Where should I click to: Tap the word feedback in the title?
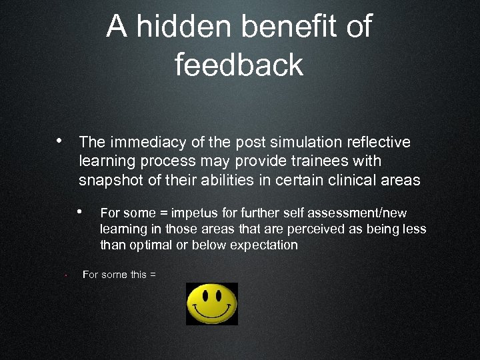[x=239, y=65]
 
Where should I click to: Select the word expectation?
[x=262, y=245]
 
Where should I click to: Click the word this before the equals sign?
[x=139, y=274]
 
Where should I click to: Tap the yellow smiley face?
[x=212, y=304]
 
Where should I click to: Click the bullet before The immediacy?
[x=60, y=141]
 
